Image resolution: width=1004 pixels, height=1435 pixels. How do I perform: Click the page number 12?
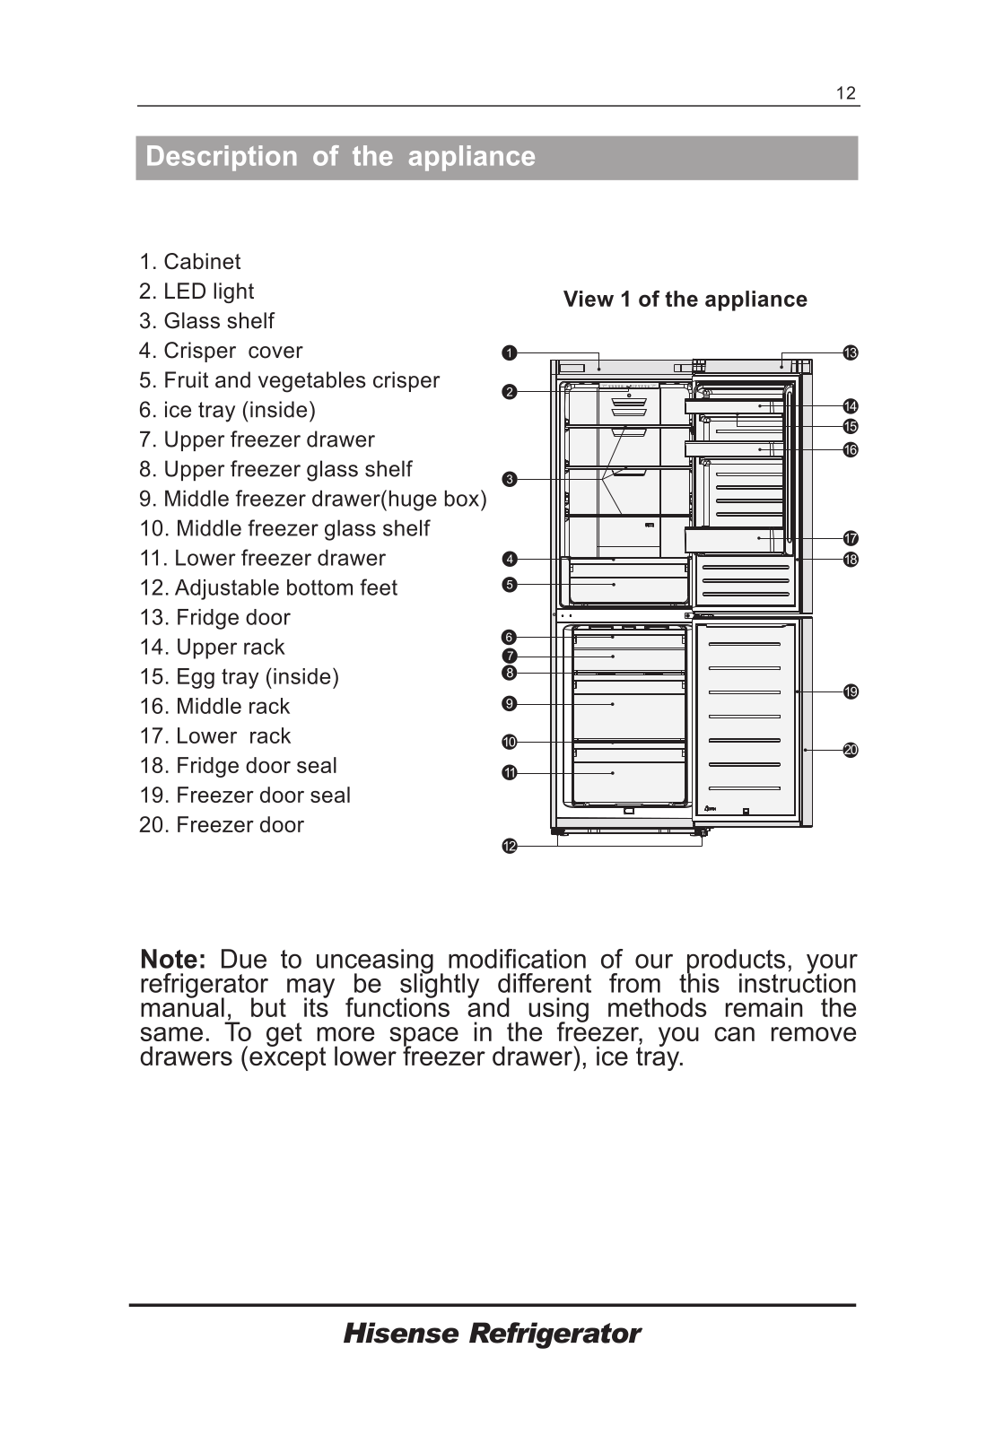pyautogui.click(x=845, y=93)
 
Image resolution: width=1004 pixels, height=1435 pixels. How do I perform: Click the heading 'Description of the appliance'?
pyautogui.click(x=340, y=157)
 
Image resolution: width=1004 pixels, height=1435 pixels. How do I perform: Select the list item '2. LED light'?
pyautogui.click(x=196, y=291)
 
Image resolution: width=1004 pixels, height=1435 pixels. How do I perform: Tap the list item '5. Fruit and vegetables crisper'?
pyautogui.click(x=289, y=380)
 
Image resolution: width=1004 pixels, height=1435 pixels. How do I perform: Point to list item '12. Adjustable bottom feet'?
pyautogui.click(x=268, y=587)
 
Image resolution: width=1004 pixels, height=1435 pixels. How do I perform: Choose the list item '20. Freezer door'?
pyautogui.click(x=222, y=824)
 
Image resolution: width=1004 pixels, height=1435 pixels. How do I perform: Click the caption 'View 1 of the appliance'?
pyautogui.click(x=685, y=300)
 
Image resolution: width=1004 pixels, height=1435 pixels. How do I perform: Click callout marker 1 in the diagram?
pyautogui.click(x=509, y=353)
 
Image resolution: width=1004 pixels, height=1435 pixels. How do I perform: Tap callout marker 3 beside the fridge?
pyautogui.click(x=509, y=480)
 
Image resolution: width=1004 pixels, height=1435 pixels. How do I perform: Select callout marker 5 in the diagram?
pyautogui.click(x=509, y=585)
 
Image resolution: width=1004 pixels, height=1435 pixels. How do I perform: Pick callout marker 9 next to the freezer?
pyautogui.click(x=509, y=704)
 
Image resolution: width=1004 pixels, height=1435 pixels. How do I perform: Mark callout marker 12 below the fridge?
pyautogui.click(x=509, y=847)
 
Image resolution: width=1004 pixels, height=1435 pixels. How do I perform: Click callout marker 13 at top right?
pyautogui.click(x=851, y=353)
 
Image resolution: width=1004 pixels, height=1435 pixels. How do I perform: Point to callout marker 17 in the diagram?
pyautogui.click(x=851, y=539)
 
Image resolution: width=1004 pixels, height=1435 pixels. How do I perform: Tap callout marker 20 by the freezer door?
pyautogui.click(x=851, y=750)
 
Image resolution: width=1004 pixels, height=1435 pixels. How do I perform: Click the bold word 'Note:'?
pyautogui.click(x=173, y=960)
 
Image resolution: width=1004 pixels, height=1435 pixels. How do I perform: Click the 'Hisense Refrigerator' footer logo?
pyautogui.click(x=492, y=1334)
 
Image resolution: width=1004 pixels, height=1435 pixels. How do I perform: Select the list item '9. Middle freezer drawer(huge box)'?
pyautogui.click(x=313, y=499)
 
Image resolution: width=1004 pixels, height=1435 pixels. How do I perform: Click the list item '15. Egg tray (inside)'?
pyautogui.click(x=239, y=676)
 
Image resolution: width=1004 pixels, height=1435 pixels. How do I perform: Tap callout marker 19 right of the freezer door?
pyautogui.click(x=851, y=691)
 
